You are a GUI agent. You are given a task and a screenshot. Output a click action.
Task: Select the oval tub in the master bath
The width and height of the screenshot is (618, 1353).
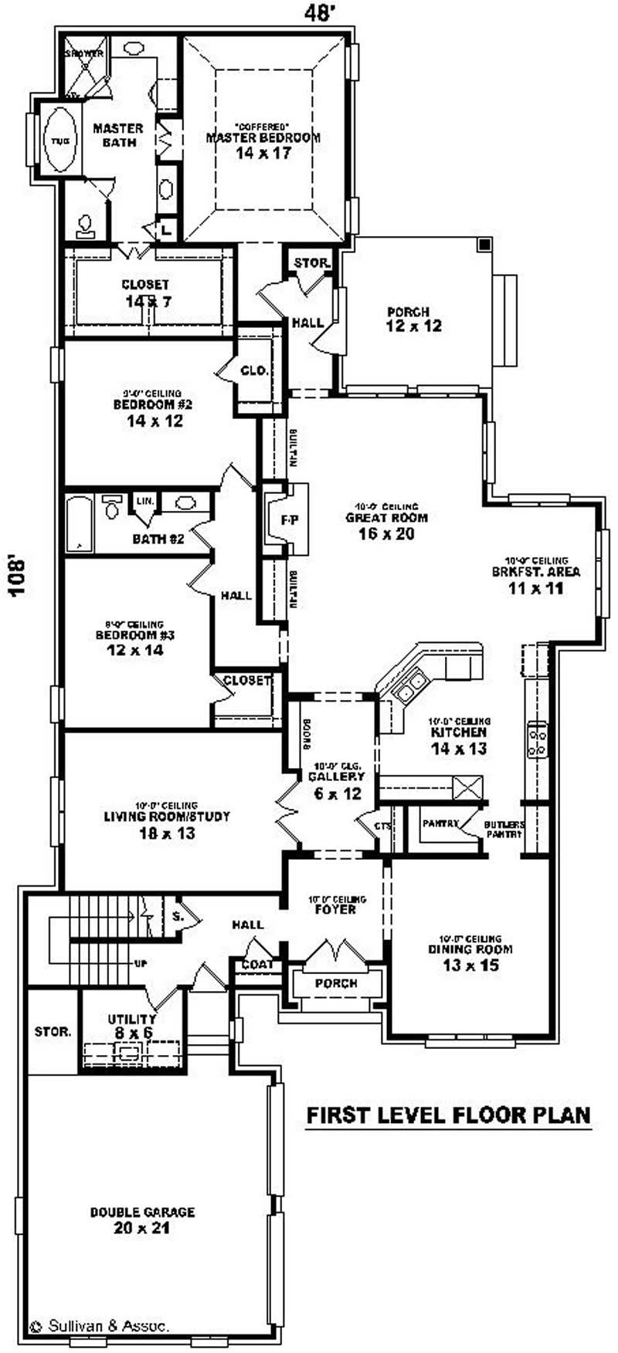pyautogui.click(x=59, y=140)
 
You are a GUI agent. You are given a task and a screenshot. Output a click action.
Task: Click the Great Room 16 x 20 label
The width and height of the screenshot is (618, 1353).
pyautogui.click(x=386, y=525)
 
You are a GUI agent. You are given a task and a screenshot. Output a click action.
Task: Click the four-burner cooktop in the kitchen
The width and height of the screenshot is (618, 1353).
pyautogui.click(x=536, y=739)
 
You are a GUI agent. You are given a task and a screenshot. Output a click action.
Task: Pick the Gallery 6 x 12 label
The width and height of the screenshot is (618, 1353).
pyautogui.click(x=336, y=784)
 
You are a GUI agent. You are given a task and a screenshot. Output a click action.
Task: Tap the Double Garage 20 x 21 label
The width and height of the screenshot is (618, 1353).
pyautogui.click(x=142, y=1219)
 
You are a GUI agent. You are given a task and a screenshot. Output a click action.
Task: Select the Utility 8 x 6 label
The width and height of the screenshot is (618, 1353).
pyautogui.click(x=131, y=1026)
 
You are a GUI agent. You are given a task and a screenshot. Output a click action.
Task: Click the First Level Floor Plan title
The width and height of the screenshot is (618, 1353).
pyautogui.click(x=448, y=1115)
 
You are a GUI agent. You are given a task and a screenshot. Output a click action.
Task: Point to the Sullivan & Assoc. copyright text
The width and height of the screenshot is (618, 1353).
pyautogui.click(x=100, y=1326)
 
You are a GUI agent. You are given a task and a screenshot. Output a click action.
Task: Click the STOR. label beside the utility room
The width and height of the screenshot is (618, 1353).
pyautogui.click(x=53, y=1031)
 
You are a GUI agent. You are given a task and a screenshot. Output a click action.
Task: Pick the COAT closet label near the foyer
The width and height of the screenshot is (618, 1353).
pyautogui.click(x=256, y=965)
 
